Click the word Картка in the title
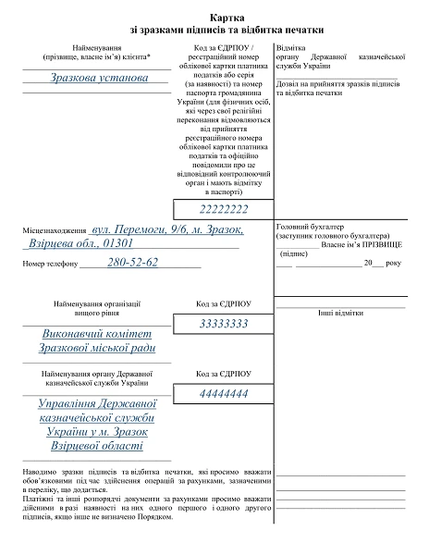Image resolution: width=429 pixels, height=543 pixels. click(x=228, y=18)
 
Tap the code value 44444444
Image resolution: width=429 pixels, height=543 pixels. click(x=224, y=394)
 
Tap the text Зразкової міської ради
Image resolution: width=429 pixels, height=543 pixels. click(x=98, y=348)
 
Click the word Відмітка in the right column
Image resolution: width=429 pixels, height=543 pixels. click(x=291, y=47)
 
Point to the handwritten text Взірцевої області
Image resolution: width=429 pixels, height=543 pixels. click(x=98, y=446)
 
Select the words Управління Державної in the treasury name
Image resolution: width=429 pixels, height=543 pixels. click(x=98, y=404)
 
